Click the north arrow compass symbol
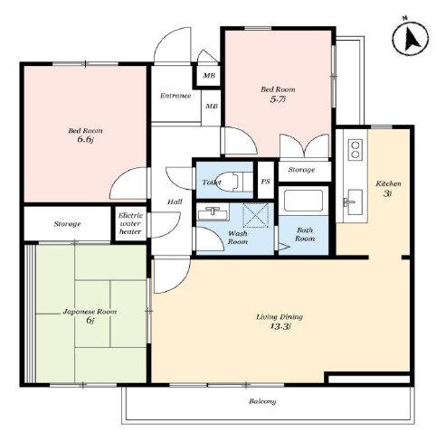tap(411, 39)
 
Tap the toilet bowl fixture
tap(231, 182)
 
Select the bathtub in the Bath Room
tap(303, 201)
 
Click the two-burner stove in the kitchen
tap(355, 150)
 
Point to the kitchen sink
tap(354, 201)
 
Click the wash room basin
tap(213, 213)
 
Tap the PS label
tap(266, 182)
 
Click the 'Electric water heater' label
tap(130, 223)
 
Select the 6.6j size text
tap(86, 140)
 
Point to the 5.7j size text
tap(278, 99)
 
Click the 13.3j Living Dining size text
tap(280, 326)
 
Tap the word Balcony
tap(262, 401)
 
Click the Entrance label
tap(175, 96)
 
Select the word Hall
tap(175, 201)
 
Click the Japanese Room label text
tap(90, 312)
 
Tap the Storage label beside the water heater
tap(68, 224)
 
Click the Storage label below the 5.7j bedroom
tap(301, 170)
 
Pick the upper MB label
tap(209, 75)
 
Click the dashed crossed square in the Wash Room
tap(256, 215)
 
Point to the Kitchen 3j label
tap(388, 188)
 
